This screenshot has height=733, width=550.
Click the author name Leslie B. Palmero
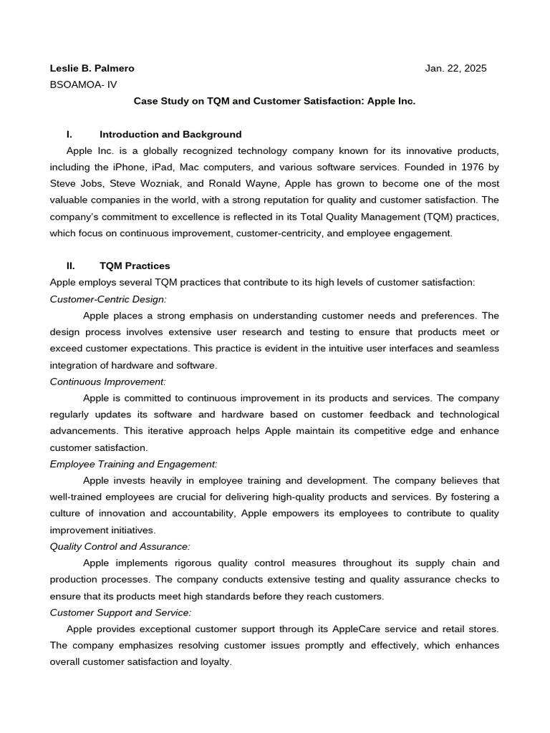pyautogui.click(x=92, y=69)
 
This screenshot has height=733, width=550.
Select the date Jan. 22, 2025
pyautogui.click(x=455, y=69)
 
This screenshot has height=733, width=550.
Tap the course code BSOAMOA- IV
pyautogui.click(x=83, y=84)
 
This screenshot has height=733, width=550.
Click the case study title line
pyautogui.click(x=274, y=102)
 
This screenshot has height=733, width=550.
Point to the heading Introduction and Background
pyautogui.click(x=170, y=135)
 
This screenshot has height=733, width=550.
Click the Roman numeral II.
pyautogui.click(x=70, y=266)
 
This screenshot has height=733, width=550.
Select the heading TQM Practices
pyautogui.click(x=135, y=266)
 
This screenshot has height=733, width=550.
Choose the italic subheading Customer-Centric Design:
pyautogui.click(x=108, y=299)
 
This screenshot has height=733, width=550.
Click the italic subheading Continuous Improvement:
pyautogui.click(x=107, y=382)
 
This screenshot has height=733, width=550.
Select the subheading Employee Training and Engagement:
pyautogui.click(x=133, y=464)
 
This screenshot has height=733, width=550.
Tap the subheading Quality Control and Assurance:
pyautogui.click(x=120, y=546)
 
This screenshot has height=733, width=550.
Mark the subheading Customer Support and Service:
pyautogui.click(x=120, y=613)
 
